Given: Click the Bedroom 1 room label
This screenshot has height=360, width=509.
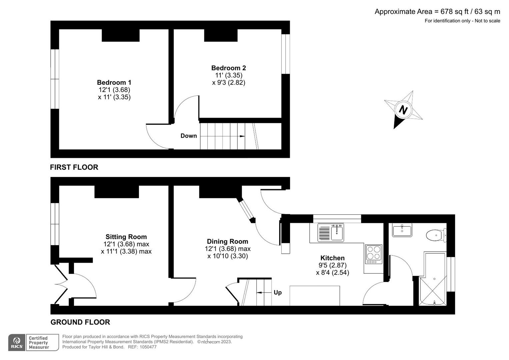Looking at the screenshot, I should (x=114, y=82).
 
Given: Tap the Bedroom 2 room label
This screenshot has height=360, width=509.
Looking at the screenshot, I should (x=229, y=68).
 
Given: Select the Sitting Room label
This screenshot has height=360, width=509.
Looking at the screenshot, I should (x=126, y=237).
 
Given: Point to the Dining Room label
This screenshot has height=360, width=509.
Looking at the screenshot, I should (x=227, y=241).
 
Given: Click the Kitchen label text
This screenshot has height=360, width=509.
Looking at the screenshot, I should (x=332, y=258).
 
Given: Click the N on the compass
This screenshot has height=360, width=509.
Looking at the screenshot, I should (x=403, y=110).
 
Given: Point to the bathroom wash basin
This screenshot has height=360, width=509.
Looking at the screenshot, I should (x=402, y=230).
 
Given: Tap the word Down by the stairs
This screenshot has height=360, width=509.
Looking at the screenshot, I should (x=189, y=136).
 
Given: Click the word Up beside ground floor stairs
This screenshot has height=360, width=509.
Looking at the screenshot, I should (x=278, y=292).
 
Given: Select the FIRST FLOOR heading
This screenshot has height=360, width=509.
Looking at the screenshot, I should (x=74, y=167).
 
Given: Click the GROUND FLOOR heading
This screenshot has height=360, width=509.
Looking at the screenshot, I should (x=80, y=322).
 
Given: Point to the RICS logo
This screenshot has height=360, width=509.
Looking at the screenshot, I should (x=17, y=342).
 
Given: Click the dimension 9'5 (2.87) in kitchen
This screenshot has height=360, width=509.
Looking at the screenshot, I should (x=332, y=265).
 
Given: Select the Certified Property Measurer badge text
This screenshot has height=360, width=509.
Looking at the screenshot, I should (x=39, y=343).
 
